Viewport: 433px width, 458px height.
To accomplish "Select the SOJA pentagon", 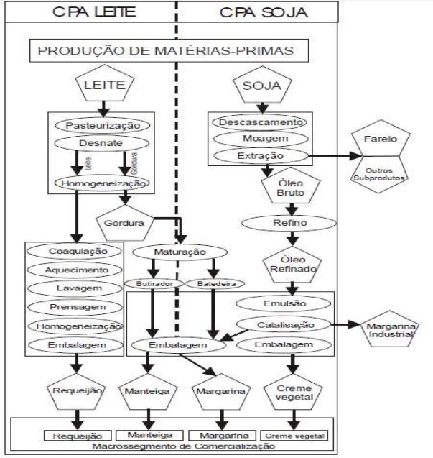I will pyautogui.click(x=260, y=88).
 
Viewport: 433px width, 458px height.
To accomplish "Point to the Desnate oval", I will pyautogui.click(x=102, y=144).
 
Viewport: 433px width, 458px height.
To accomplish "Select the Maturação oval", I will pyautogui.click(x=180, y=252).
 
